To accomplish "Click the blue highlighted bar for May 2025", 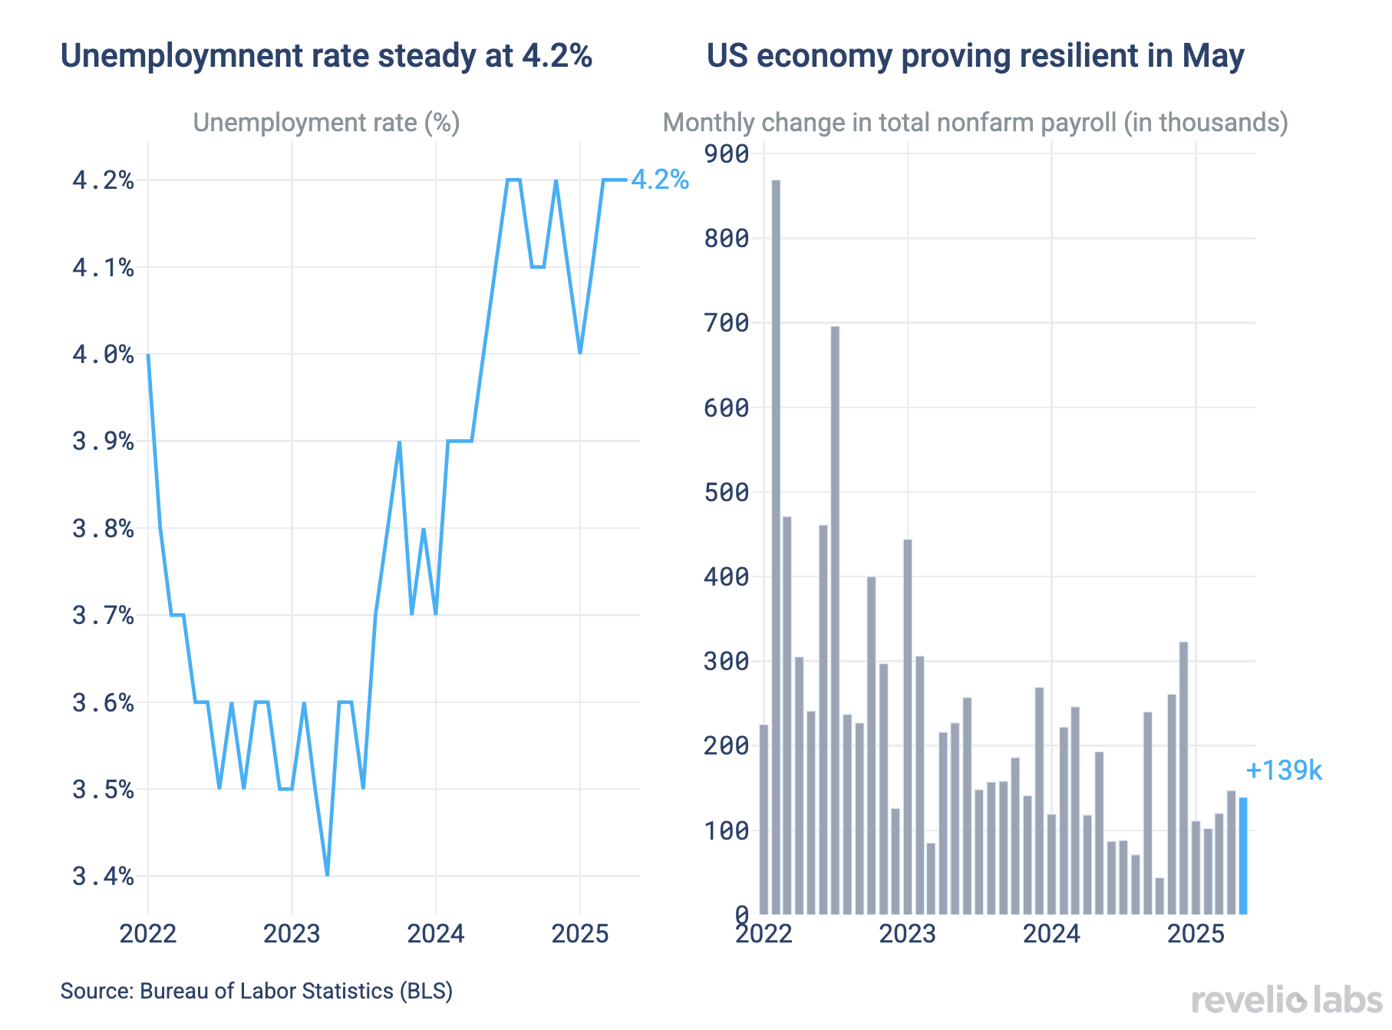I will [x=1242, y=856].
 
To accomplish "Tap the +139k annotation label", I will [x=1284, y=771].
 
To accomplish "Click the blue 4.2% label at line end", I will [x=659, y=180].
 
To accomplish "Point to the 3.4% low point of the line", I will [x=328, y=874].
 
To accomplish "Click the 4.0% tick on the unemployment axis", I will [x=103, y=355].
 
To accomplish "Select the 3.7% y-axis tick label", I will [x=103, y=616].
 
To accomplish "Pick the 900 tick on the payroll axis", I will [x=726, y=154].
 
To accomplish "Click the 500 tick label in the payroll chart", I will [x=726, y=493].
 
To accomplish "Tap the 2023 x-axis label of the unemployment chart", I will [x=292, y=934].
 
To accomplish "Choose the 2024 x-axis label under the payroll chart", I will [x=1051, y=934].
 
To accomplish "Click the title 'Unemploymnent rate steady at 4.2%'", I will [x=326, y=56].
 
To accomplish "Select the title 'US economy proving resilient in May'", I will [x=975, y=56].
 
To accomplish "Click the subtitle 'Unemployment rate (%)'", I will [x=326, y=123].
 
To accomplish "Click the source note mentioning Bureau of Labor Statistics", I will [x=256, y=991].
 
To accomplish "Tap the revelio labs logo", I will [x=1287, y=1001].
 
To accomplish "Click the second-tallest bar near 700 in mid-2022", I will [x=835, y=620].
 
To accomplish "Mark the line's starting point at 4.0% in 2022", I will [x=148, y=355].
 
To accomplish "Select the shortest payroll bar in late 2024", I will [x=1159, y=896].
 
